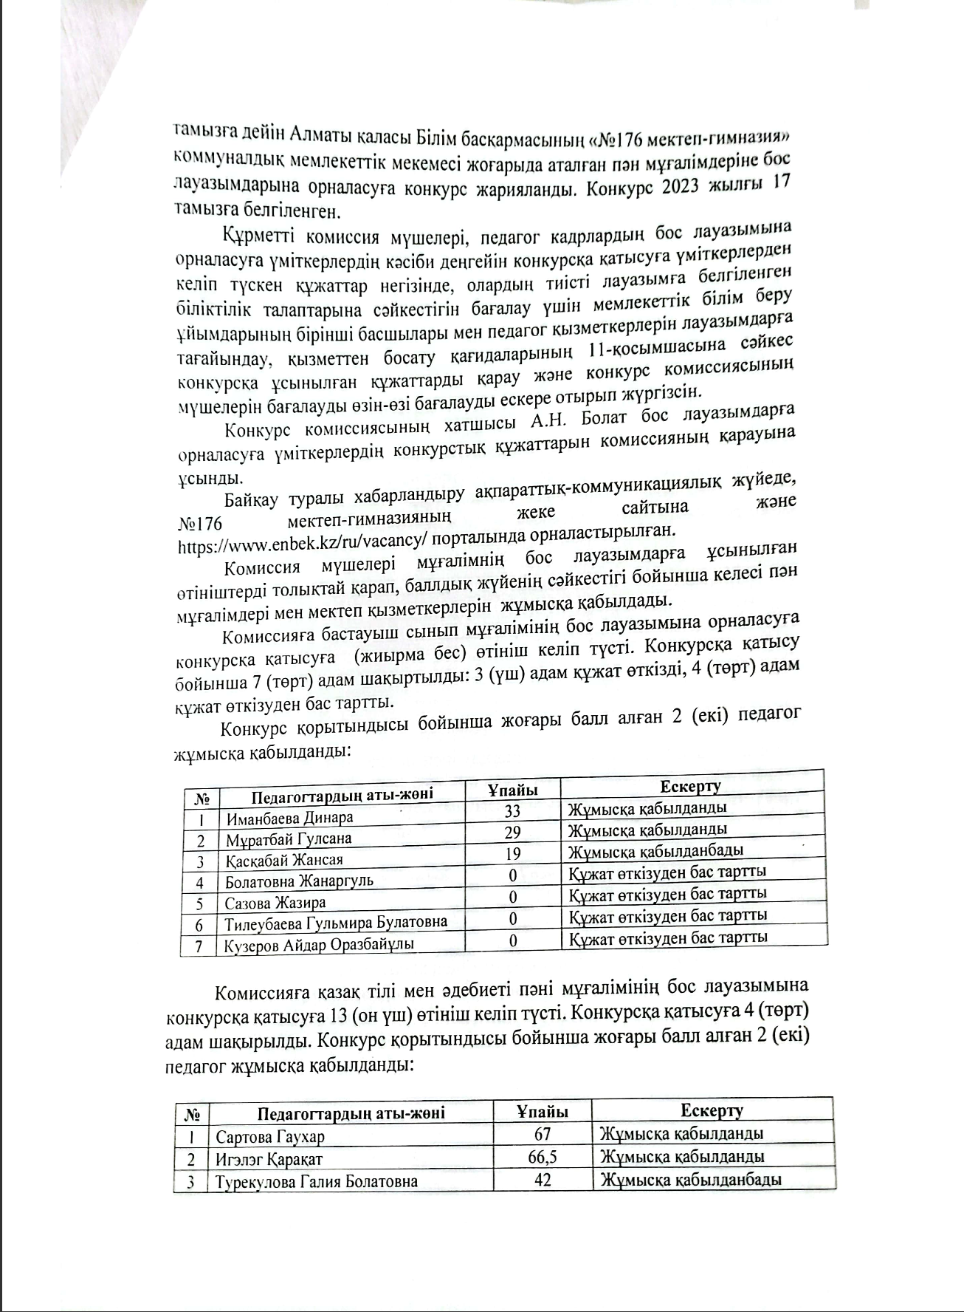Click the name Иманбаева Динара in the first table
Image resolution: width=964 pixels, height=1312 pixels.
pos(289,818)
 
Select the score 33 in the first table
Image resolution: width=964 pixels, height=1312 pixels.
pos(512,811)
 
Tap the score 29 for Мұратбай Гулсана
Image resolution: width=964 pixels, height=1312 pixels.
pos(512,833)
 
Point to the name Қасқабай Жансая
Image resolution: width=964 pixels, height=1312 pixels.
pos(284,861)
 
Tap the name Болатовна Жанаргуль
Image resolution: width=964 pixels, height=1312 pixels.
pos(299,881)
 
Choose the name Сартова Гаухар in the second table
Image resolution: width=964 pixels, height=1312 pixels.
pos(269,1137)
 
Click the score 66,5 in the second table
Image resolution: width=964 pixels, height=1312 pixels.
pos(542,1157)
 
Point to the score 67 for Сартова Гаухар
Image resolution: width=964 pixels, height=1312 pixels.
pos(542,1135)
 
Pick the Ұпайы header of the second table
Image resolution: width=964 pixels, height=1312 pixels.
pos(542,1112)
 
